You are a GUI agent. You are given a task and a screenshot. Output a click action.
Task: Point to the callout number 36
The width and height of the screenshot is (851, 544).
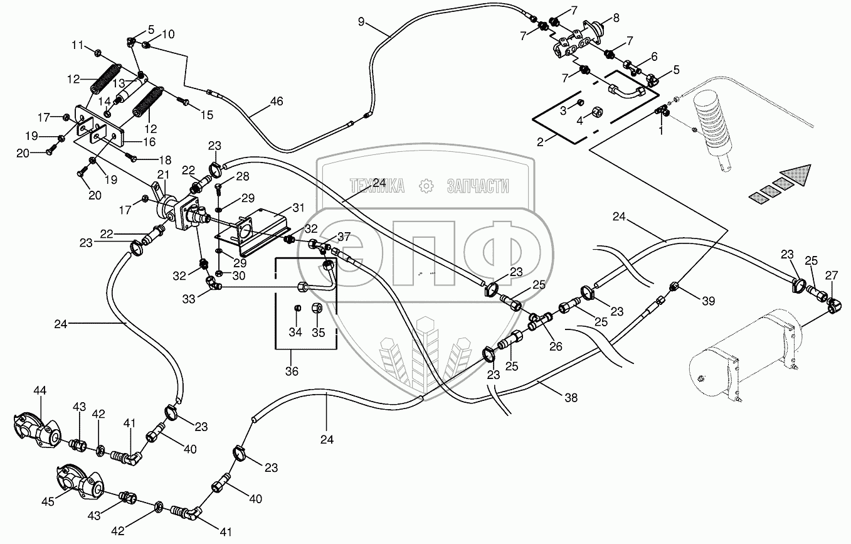coord(292,371)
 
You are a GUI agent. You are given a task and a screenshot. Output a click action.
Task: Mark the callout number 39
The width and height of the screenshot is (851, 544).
coord(708,301)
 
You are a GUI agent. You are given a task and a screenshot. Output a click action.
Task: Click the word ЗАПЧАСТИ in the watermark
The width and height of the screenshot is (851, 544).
coord(477,186)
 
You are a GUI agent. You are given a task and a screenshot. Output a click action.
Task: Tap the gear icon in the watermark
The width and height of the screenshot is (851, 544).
coord(426,186)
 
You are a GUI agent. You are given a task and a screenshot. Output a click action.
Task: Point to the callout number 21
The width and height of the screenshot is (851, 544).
coord(163,174)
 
